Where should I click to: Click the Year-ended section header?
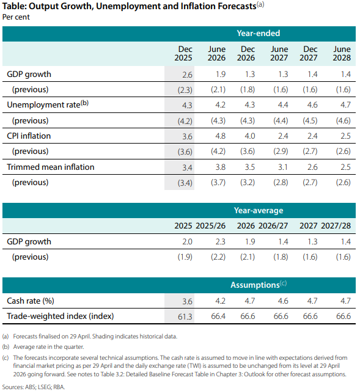coord(258,33)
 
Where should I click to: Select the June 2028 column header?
coord(342,53)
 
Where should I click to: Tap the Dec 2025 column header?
coord(183,53)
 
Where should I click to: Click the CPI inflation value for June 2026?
coord(221,136)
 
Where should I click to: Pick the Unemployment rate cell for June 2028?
coord(345,104)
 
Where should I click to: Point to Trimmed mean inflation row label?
coord(51,167)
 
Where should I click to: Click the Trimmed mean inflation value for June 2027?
coord(283,167)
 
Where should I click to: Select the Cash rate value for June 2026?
coord(220,301)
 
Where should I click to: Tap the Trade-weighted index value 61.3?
coord(185,316)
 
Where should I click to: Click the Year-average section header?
coord(259,210)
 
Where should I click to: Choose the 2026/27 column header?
coord(273,225)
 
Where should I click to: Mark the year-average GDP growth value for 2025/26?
coord(221,242)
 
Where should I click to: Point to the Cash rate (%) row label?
coord(31,301)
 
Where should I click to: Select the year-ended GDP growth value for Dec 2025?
coord(187,75)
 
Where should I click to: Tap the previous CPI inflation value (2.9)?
coord(281,152)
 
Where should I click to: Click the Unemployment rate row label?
coord(48,104)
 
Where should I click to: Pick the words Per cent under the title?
coord(16,17)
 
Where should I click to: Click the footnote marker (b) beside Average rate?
coord(6,347)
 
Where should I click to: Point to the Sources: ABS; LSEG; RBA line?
coord(34,387)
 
